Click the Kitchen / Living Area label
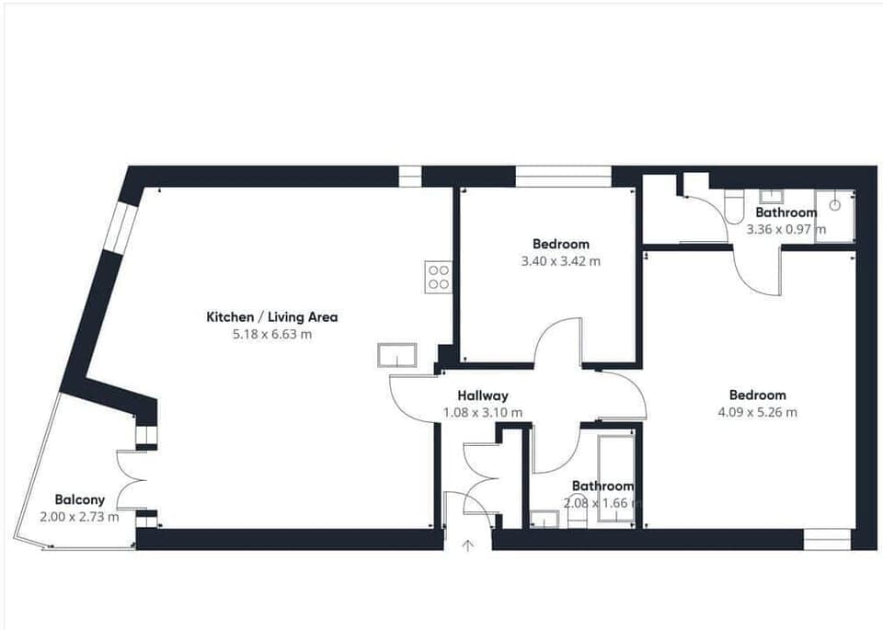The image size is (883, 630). pos(271,317)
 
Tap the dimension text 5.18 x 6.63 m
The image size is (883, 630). pos(271,335)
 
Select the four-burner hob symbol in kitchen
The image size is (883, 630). pos(438,277)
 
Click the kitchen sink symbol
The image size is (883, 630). pos(397,355)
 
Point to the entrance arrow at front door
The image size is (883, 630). pos(467,545)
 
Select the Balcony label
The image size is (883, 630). pos(78,499)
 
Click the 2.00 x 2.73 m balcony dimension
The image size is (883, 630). pos(79,517)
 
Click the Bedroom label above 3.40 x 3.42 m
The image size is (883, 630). pos(561,244)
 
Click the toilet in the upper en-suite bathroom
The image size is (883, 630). pos(734,208)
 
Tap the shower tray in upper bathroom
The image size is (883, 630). pos(834,216)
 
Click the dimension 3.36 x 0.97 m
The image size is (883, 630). pos(786,229)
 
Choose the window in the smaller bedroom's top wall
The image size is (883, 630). pos(563,176)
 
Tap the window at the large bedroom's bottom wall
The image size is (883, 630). pos(828,539)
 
